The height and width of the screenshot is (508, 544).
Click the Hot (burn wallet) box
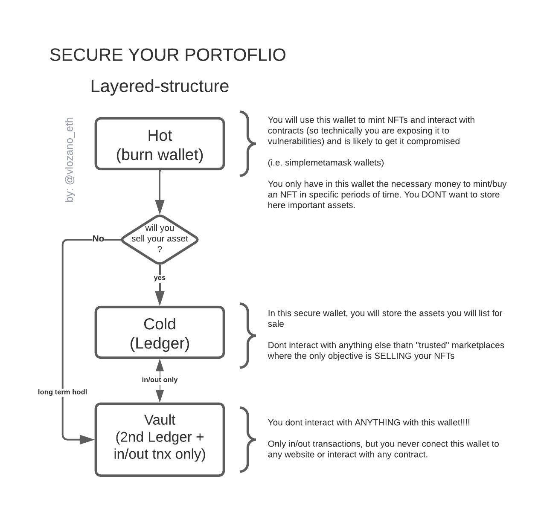tap(160, 144)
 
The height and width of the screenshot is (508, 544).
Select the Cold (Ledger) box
tap(160, 332)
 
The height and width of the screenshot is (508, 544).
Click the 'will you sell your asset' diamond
tap(160, 240)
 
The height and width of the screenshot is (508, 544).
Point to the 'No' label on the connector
tap(98, 239)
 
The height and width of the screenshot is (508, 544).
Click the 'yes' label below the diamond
tap(160, 278)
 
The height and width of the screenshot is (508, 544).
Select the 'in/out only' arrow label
tap(160, 380)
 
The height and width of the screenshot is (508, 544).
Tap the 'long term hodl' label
tap(62, 392)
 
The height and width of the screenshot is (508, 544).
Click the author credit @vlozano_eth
tap(70, 160)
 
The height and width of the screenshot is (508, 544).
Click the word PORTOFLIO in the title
tap(235, 55)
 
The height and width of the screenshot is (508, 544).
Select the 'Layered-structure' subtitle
tap(160, 86)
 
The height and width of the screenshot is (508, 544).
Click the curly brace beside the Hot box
tap(248, 143)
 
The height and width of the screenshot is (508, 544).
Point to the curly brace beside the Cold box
tap(248, 336)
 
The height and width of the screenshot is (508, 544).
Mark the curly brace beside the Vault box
tap(248, 440)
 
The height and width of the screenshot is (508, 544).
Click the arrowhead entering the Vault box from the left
tap(87, 440)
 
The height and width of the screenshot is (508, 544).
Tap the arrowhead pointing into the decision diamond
tap(160, 207)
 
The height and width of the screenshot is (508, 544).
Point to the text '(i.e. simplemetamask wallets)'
tap(326, 163)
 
